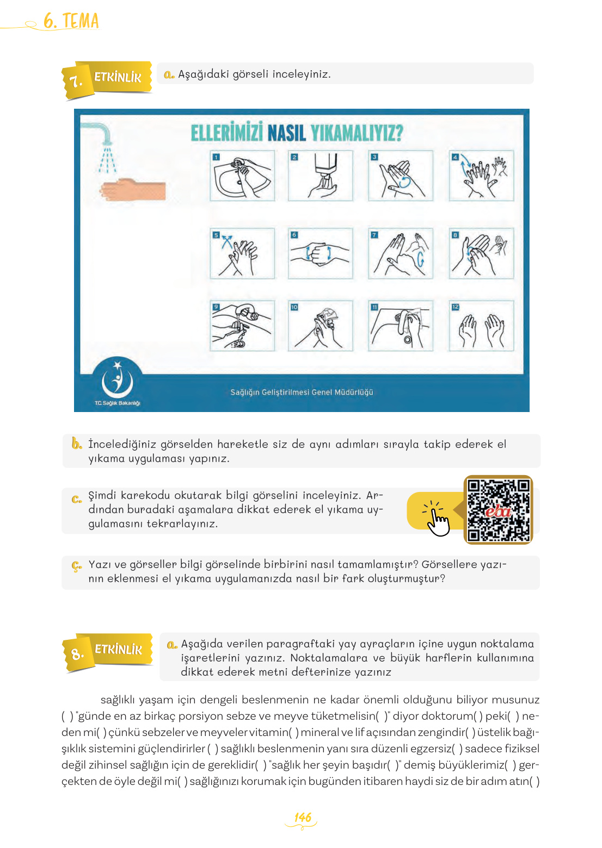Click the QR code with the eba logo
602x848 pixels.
coord(498,509)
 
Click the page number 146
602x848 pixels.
coord(303,817)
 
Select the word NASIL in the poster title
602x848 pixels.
coord(287,133)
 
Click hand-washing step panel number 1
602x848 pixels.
coord(242,175)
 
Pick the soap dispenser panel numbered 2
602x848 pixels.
coord(321,175)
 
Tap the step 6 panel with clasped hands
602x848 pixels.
coord(321,253)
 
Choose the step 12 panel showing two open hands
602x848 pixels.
coord(482,326)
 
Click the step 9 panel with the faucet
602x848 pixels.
coord(242,326)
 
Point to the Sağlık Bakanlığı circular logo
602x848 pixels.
coord(118,381)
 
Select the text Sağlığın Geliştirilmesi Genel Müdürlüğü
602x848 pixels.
coord(302,392)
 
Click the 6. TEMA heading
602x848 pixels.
coord(71,21)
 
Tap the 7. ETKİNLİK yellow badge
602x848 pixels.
coord(107,79)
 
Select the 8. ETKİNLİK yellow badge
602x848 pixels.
coord(108,652)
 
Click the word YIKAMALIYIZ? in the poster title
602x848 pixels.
coord(357,133)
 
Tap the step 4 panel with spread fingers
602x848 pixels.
coord(482,175)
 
